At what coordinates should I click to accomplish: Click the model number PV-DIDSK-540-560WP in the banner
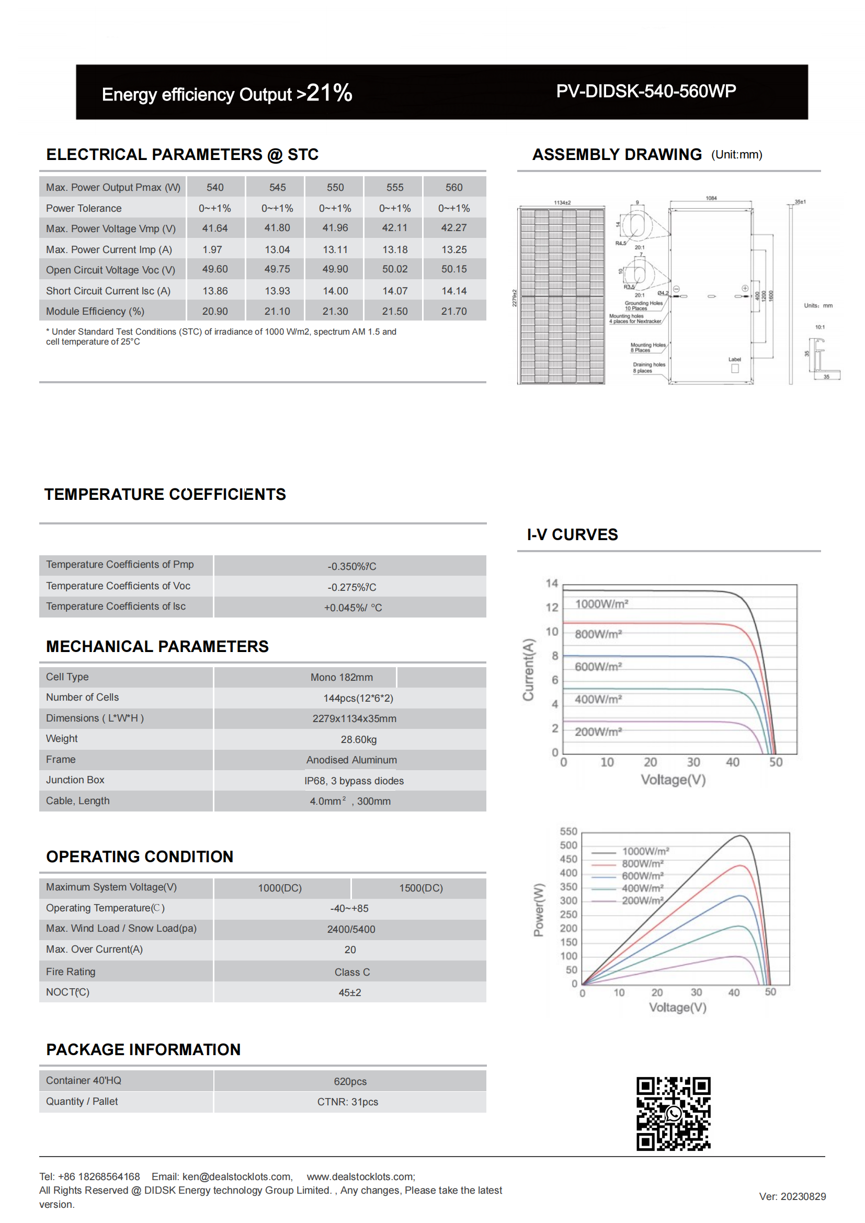(645, 91)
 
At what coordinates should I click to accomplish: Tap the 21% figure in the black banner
(329, 93)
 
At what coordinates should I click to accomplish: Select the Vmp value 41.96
(335, 228)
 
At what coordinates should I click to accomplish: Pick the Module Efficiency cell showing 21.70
(454, 311)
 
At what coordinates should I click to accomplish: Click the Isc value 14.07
(395, 291)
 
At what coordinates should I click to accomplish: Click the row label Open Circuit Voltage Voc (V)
(110, 270)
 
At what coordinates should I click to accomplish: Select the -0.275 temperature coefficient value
(351, 587)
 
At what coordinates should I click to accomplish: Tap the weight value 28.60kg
(358, 739)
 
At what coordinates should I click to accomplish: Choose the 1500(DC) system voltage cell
(421, 888)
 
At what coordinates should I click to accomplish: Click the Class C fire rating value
(352, 972)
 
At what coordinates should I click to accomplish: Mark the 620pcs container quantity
(350, 1081)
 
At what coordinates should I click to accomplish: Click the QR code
(673, 1113)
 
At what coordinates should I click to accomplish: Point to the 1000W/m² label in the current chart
(601, 603)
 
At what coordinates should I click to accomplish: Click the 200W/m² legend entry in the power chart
(642, 901)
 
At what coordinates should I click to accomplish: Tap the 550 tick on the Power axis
(568, 831)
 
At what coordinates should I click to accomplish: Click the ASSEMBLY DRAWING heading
(617, 154)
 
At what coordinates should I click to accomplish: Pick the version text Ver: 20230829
(792, 1196)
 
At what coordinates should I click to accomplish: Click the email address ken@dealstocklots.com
(237, 1176)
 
